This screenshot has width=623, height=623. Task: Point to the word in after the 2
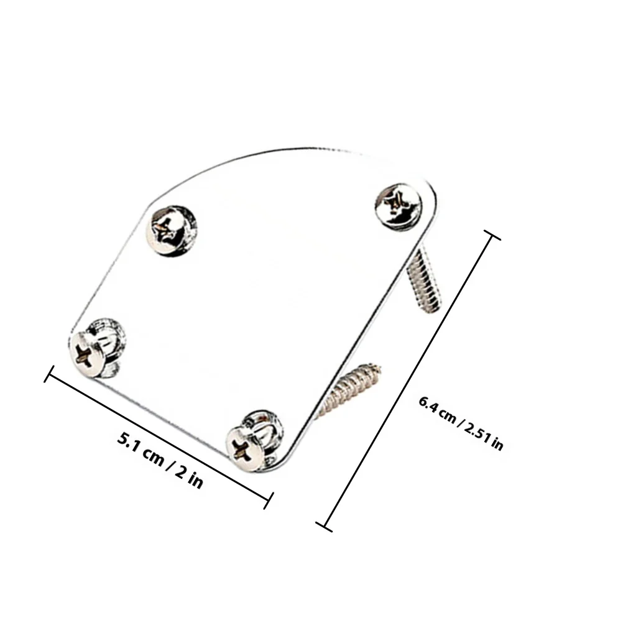tap(195, 480)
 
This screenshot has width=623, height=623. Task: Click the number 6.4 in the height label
tap(428, 405)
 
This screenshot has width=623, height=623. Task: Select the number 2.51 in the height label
tap(477, 431)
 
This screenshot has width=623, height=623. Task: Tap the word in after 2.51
tap(497, 443)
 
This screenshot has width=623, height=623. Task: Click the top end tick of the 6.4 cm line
tap(491, 235)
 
